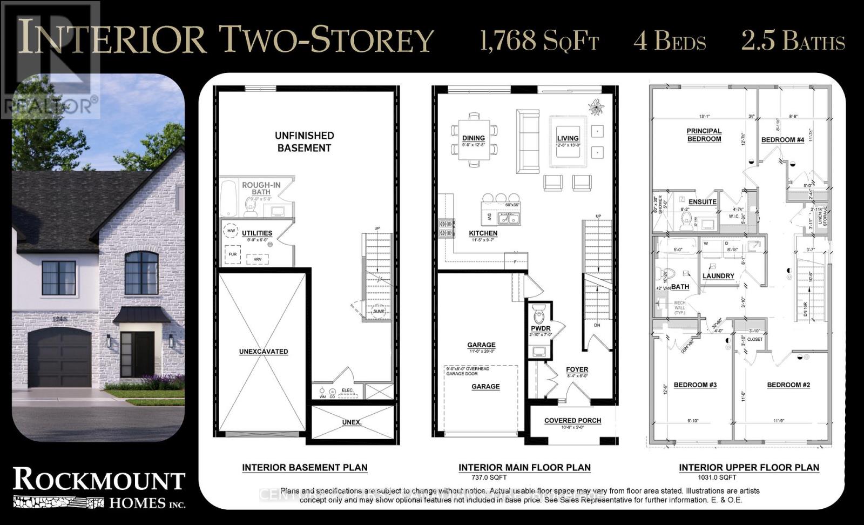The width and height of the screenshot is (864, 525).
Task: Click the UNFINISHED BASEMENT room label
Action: click(x=304, y=142)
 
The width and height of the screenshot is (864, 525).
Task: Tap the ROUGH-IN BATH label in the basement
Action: click(x=261, y=188)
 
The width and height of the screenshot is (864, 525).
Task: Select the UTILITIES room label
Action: click(x=257, y=233)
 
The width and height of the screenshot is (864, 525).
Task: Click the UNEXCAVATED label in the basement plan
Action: click(x=264, y=352)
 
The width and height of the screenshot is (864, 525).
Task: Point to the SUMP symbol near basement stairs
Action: click(x=379, y=311)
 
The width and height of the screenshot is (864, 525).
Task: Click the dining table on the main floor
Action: click(x=474, y=141)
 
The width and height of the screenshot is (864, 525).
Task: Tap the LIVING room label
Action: click(x=568, y=138)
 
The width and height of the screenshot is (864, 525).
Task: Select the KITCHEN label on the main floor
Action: click(x=483, y=233)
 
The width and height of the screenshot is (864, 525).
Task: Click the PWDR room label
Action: click(x=541, y=328)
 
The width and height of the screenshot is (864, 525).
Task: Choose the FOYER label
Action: click(x=577, y=370)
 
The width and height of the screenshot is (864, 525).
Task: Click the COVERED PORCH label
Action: click(x=572, y=420)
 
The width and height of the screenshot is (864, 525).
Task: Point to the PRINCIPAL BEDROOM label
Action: click(x=704, y=134)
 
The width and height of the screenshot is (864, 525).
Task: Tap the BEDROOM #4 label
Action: click(x=782, y=140)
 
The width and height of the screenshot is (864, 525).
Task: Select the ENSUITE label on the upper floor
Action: click(x=702, y=202)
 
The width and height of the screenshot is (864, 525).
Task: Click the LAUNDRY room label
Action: click(x=718, y=275)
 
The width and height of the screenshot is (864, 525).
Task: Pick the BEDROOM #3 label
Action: click(x=695, y=385)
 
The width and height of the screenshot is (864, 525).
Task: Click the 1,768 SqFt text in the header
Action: click(x=539, y=41)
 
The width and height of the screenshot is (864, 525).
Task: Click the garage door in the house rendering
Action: click(x=59, y=359)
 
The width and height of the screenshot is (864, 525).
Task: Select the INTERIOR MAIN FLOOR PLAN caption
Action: click(x=524, y=468)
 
